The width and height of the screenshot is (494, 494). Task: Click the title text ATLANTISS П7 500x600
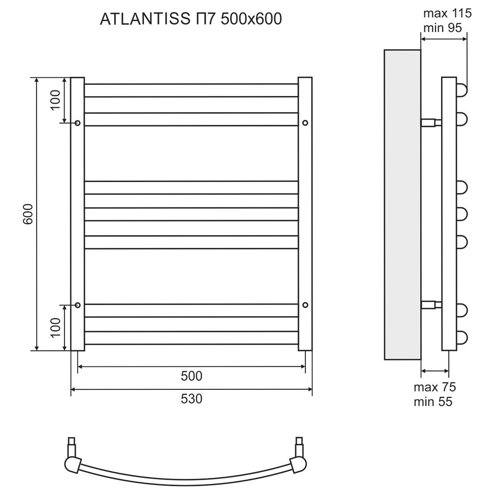point(191,19)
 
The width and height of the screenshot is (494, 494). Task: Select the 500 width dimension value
point(192,376)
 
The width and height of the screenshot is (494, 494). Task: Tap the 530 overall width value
point(192,399)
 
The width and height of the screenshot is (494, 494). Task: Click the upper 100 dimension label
point(55,100)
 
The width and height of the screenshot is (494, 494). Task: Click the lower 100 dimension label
point(55,327)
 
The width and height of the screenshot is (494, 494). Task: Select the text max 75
point(435,387)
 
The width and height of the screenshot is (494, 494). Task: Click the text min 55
point(433,402)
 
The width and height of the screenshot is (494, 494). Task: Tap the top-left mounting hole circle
point(78,123)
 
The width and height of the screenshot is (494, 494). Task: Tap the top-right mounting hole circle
point(305,123)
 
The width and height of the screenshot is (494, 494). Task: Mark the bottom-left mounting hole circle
point(78,305)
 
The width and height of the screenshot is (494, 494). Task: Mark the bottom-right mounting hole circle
point(305,305)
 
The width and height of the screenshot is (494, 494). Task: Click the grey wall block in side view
point(402,203)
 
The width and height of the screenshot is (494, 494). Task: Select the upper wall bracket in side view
point(431,122)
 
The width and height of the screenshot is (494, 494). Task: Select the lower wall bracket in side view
point(431,305)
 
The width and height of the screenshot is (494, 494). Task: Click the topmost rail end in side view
point(462,90)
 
